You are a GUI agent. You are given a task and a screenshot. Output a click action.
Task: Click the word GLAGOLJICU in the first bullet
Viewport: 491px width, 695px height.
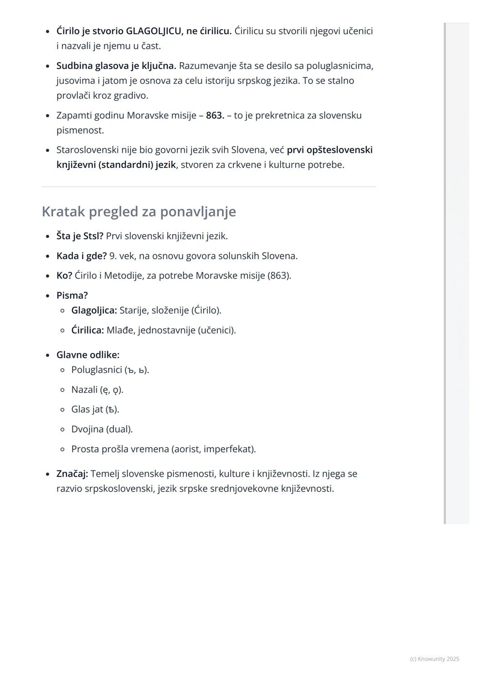pyautogui.click(x=155, y=31)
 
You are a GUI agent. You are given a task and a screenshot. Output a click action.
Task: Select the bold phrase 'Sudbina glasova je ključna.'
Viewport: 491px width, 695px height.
pyautogui.click(x=116, y=65)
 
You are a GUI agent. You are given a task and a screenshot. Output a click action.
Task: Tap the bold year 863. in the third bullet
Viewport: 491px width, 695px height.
pyautogui.click(x=215, y=115)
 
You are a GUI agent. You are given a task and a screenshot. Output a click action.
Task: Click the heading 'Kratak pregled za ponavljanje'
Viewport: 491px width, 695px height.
pyautogui.click(x=139, y=212)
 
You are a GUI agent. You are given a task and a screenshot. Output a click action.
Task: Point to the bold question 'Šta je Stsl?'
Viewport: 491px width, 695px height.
pyautogui.click(x=80, y=236)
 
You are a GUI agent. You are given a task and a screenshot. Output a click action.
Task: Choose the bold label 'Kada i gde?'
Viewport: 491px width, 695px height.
pyautogui.click(x=81, y=256)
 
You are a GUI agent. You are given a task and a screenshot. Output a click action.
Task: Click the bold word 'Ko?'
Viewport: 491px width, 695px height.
pyautogui.click(x=64, y=276)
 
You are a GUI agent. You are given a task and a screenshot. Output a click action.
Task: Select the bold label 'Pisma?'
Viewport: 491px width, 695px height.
pyautogui.click(x=72, y=295)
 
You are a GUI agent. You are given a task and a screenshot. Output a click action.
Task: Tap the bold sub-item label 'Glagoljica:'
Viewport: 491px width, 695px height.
pyautogui.click(x=94, y=310)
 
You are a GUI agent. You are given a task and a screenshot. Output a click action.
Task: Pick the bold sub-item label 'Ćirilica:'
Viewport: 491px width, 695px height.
pyautogui.click(x=88, y=330)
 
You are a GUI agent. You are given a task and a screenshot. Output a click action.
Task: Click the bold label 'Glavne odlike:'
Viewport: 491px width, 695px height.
pyautogui.click(x=88, y=355)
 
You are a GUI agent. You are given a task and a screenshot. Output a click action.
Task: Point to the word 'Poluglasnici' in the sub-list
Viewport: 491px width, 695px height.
pyautogui.click(x=96, y=370)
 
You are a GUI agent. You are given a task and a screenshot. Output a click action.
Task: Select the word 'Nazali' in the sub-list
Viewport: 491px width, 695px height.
pyautogui.click(x=84, y=390)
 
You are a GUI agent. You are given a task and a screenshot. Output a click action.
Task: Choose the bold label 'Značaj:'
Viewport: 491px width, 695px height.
pyautogui.click(x=72, y=474)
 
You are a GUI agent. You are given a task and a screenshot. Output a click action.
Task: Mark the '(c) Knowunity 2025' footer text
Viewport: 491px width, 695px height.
pyautogui.click(x=434, y=659)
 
